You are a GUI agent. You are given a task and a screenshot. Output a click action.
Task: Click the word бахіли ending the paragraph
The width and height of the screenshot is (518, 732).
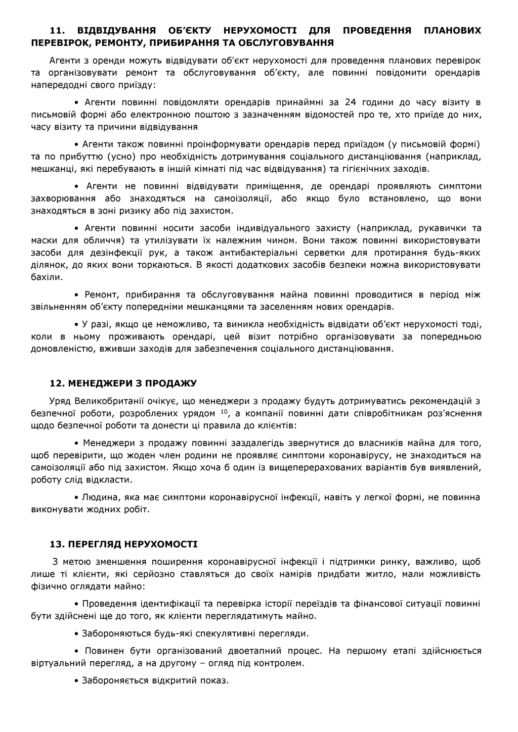pyautogui.click(x=46, y=276)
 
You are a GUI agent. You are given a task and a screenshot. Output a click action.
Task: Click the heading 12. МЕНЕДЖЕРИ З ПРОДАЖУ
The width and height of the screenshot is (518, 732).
pyautogui.click(x=123, y=383)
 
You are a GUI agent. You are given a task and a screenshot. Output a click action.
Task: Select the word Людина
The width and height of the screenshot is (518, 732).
pyautogui.click(x=98, y=498)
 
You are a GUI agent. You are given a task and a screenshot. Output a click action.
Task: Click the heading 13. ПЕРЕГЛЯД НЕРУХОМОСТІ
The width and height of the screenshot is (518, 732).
pyautogui.click(x=123, y=545)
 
